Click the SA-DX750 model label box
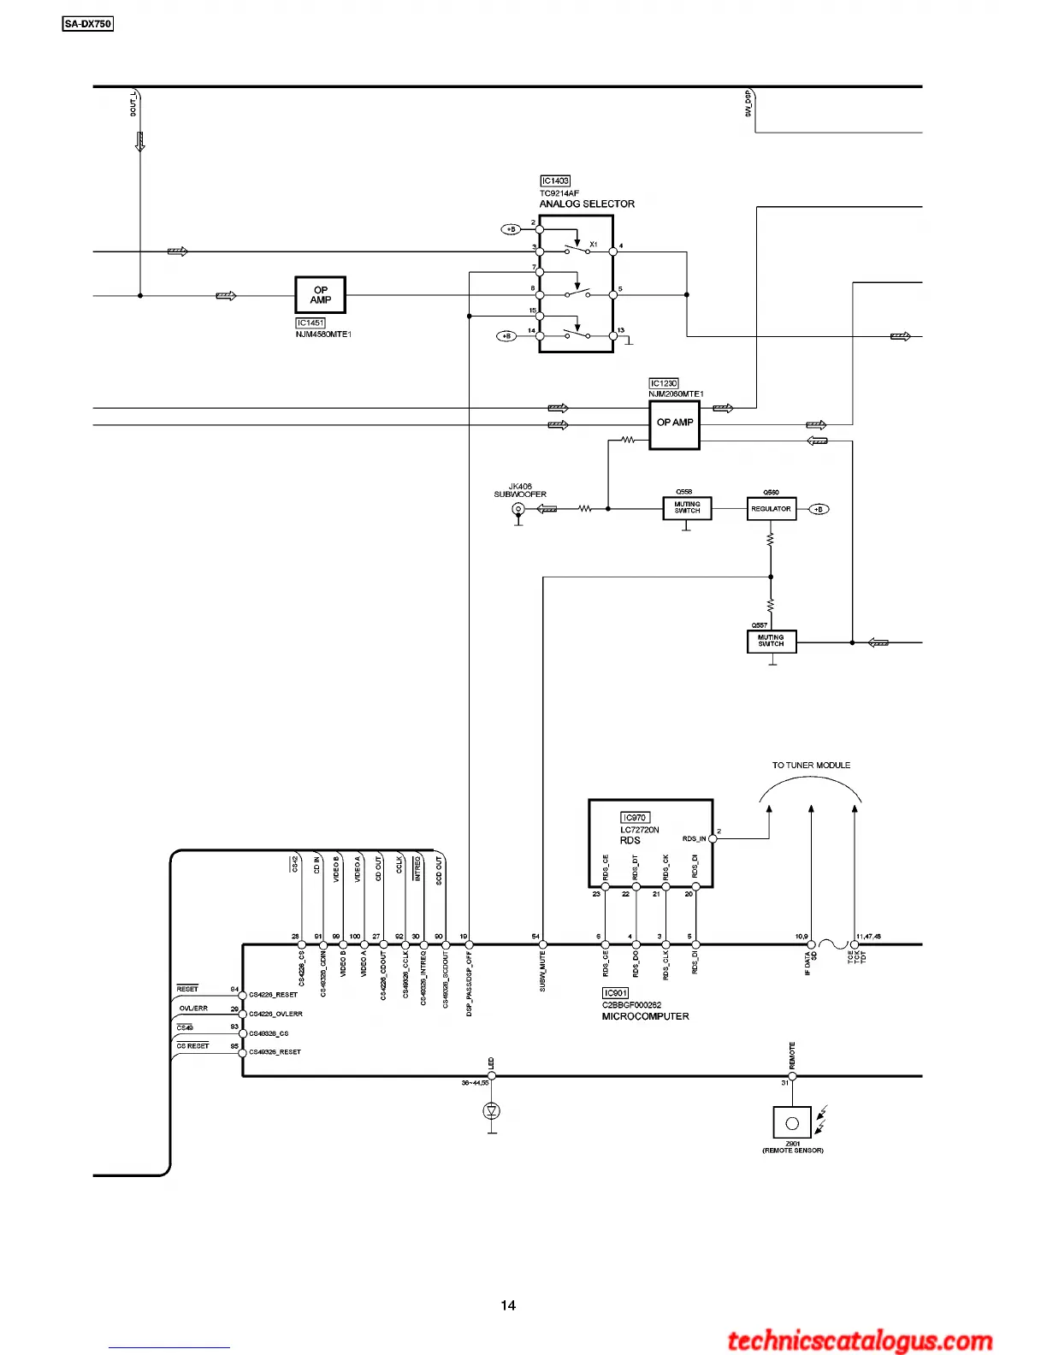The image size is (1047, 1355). pos(88,24)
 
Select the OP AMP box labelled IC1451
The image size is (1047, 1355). pos(321,295)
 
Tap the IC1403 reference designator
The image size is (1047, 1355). pos(555,180)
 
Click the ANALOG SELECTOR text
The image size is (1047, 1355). pos(587,204)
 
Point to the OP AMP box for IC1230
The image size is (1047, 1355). pos(675,424)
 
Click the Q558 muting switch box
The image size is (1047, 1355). pos(687,508)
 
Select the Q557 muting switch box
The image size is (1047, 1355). pos(772,641)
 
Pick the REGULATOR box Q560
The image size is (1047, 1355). pos(771,509)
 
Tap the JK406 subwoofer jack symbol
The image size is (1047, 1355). pos(518,510)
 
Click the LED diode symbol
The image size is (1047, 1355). pos(492,1111)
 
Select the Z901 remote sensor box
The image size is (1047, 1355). pos(792,1123)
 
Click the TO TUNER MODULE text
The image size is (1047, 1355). pos(811,766)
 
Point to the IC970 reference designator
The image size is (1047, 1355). pos(635,818)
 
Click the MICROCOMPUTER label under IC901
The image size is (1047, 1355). pos(645,1017)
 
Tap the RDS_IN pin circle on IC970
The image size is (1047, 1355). pos(713,839)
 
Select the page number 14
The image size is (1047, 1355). pos(508,1305)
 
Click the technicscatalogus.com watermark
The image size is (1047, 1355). pos(860,1341)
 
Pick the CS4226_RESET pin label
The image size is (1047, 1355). pos(274,995)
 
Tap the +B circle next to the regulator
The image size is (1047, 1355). pos(819,509)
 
